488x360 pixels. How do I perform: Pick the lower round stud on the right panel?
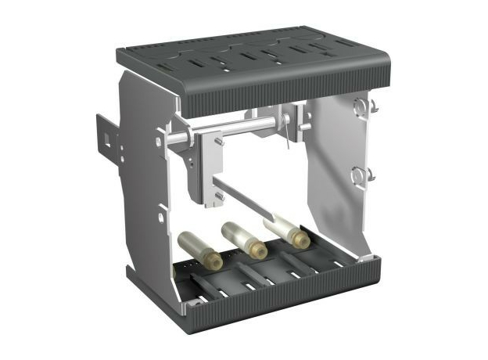tap(361, 174)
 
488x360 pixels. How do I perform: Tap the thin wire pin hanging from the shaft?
tap(289, 137)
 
